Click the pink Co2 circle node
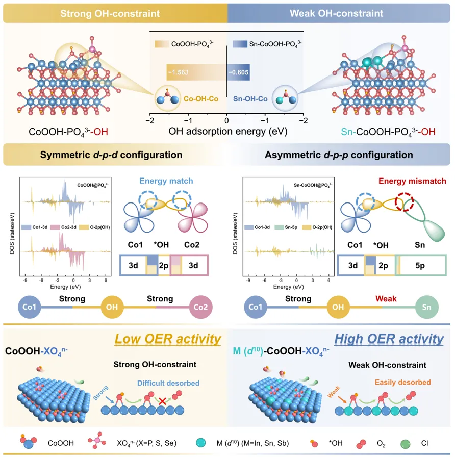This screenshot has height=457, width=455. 200,308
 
